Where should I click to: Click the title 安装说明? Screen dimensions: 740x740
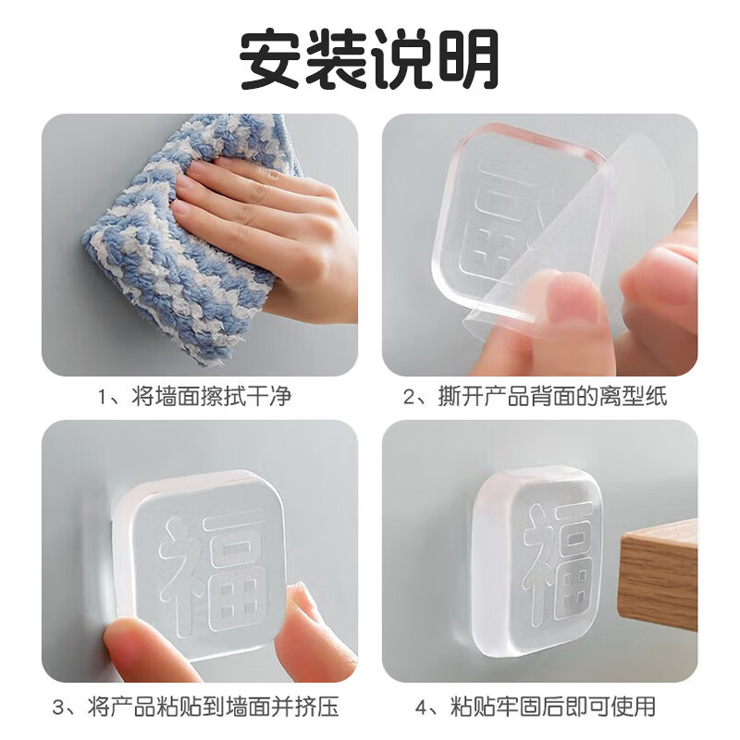370,57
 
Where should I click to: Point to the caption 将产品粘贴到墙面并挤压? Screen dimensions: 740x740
207,708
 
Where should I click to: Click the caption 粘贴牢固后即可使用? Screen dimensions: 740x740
552,708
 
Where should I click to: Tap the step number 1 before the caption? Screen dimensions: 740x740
103,398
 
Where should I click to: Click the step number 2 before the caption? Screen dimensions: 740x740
410,398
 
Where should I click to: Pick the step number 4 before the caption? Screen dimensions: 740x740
424,708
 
